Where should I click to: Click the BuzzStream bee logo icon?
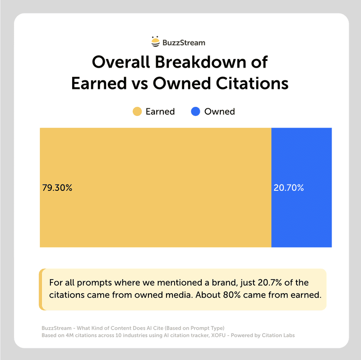pos(155,42)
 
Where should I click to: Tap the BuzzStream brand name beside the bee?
pos(184,43)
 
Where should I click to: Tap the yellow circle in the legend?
pos(137,111)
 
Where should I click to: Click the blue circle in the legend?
pos(195,111)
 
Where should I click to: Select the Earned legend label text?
pos(160,111)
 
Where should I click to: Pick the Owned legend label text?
pos(219,111)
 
